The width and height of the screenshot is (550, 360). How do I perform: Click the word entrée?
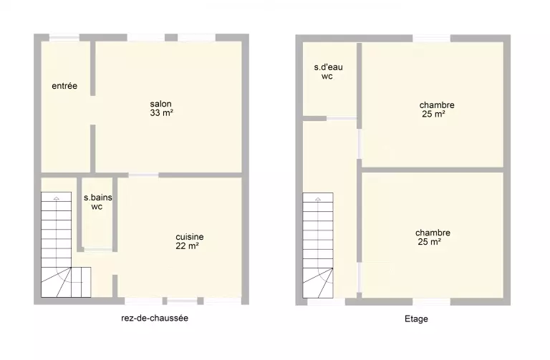pos(64,86)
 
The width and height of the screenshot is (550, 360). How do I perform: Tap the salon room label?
pos(160,104)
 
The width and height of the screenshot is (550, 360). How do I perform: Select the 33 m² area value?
pos(161,113)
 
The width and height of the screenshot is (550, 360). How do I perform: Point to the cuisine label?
pos(189,237)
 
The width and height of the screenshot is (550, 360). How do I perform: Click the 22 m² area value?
pos(188,246)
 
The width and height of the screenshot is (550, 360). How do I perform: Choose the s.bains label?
pos(98,198)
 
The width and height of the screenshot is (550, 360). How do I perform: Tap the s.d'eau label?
pos(328,67)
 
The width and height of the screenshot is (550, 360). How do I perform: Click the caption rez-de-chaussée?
pos(155,318)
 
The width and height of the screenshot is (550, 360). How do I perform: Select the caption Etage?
pos(416,319)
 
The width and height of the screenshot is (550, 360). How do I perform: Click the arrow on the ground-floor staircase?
pos(57,198)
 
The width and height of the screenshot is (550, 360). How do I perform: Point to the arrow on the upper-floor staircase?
pos(318,199)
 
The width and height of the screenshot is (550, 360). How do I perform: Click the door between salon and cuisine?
pos(143,175)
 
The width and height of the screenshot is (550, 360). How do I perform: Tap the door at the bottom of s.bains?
pos(98,250)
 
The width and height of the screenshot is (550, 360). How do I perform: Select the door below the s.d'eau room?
pos(342,119)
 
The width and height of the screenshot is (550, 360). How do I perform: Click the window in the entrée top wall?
pos(64,37)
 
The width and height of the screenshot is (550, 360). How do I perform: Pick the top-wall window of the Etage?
pos(431,38)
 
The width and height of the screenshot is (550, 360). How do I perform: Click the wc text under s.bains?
pos(97,207)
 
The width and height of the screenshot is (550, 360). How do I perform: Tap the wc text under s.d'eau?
pos(327,77)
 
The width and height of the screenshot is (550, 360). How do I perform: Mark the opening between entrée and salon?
pos(92,110)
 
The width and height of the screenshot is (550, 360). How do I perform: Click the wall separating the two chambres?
pos(432,170)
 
